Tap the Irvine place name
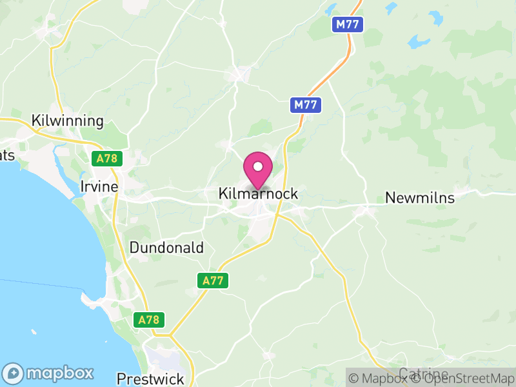99,186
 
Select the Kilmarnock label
258,193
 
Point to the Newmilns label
419,198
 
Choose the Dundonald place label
166,248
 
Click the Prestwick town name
150,379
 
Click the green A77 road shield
212,281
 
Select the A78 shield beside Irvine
106,159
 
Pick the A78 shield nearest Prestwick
150,319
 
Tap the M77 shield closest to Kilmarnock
305,104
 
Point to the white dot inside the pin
258,166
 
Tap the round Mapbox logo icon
14,373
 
